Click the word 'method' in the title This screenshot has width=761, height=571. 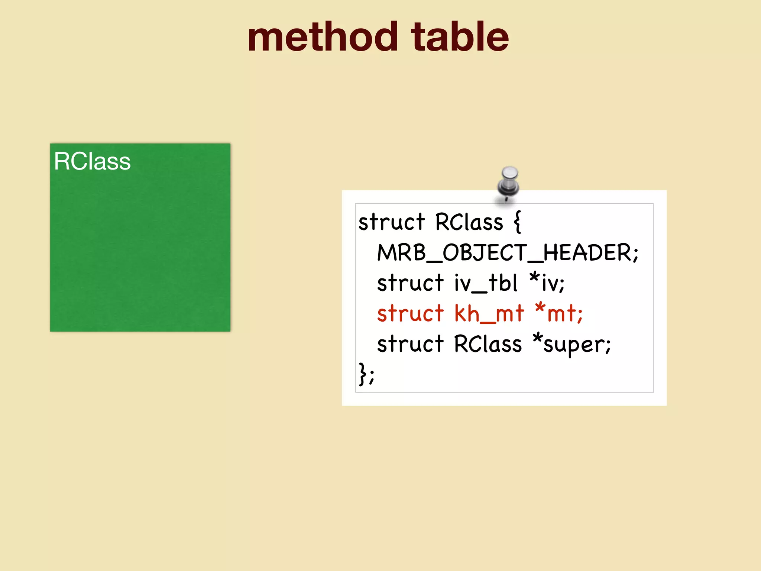click(x=323, y=37)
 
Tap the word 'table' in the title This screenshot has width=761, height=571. click(x=460, y=37)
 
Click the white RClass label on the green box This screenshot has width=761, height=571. click(x=92, y=161)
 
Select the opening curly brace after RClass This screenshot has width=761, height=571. click(x=517, y=222)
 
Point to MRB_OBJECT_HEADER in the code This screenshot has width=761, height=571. click(x=508, y=253)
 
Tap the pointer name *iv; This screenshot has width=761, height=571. click(x=547, y=283)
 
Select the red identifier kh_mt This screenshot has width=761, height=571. click(x=489, y=314)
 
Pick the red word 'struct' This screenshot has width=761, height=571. click(x=410, y=314)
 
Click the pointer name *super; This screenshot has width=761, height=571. click(x=571, y=344)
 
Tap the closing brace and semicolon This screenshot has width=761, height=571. click(x=366, y=374)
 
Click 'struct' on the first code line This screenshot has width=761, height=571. click(x=391, y=222)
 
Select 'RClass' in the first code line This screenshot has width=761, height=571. click(x=469, y=222)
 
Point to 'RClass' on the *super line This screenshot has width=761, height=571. click(x=488, y=344)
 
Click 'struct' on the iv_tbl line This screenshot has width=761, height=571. click(x=410, y=283)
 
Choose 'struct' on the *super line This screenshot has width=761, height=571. click(x=410, y=344)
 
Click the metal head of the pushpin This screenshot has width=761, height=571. click(x=509, y=173)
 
